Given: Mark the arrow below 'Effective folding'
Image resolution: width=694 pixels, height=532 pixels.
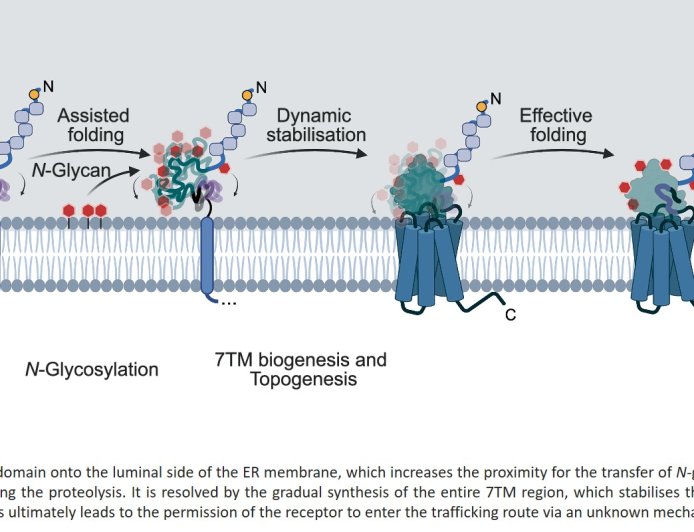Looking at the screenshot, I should point(555,152).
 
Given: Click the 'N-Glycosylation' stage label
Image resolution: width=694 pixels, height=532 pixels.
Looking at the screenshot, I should point(92,370).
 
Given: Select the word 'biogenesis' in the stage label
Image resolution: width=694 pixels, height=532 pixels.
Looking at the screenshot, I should point(302,359).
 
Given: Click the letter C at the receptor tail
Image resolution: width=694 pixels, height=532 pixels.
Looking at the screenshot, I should point(510,316).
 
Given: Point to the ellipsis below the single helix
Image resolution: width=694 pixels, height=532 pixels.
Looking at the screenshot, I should point(228,302).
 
